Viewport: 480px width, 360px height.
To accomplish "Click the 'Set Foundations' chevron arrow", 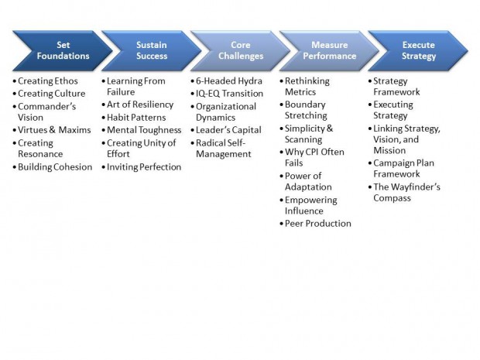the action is pos(63,50).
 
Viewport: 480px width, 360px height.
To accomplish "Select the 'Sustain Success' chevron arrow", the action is pos(152,50).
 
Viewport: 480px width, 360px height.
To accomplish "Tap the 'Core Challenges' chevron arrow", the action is pos(241,50).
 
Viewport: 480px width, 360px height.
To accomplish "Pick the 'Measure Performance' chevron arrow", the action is pos(329,50).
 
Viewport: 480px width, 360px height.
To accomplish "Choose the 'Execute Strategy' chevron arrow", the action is pos(418,50).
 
